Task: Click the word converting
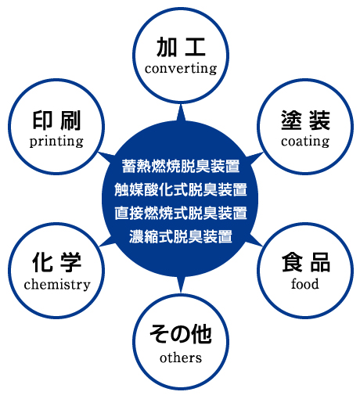click(181, 69)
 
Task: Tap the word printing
click(56, 142)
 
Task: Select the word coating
click(305, 142)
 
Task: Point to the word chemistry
click(57, 284)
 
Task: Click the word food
click(305, 284)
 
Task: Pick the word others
click(181, 358)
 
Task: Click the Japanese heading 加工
click(181, 47)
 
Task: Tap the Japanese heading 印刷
click(56, 120)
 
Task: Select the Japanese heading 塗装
click(305, 120)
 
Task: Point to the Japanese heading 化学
click(56, 262)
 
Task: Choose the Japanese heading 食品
click(306, 262)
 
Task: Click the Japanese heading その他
click(181, 334)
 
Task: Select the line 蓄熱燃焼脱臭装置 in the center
click(181, 166)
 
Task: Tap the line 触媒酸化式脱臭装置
click(181, 189)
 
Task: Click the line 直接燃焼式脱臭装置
click(181, 213)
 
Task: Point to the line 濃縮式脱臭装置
click(181, 236)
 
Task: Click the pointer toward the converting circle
click(181, 113)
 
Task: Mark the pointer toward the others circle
click(181, 284)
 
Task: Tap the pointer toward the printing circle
click(106, 157)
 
